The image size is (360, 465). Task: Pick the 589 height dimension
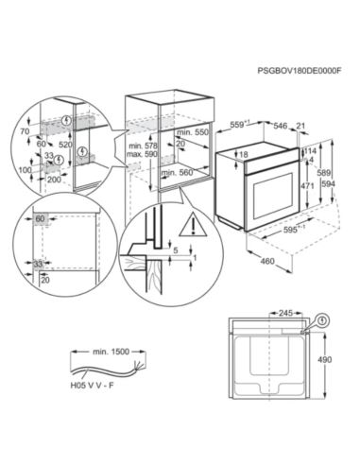click(x=321, y=174)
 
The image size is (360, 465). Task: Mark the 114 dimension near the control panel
click(x=311, y=151)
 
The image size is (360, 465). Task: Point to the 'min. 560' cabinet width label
click(x=176, y=173)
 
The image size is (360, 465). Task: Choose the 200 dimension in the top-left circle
click(x=54, y=178)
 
